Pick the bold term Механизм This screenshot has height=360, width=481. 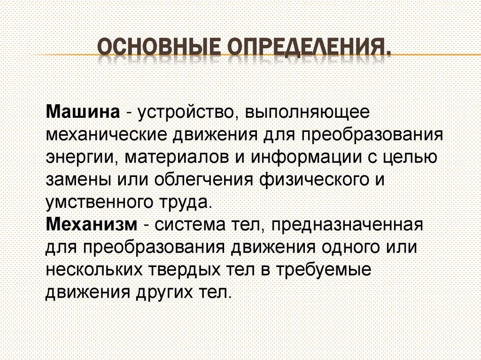[91, 224]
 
